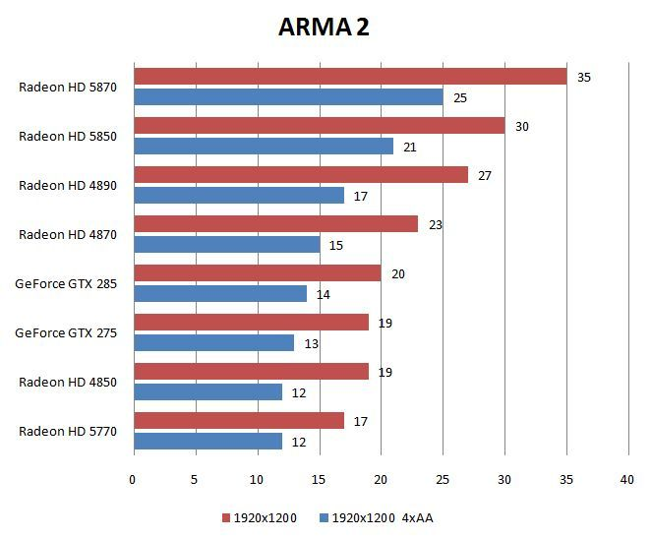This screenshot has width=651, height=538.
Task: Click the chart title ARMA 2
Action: [x=324, y=27]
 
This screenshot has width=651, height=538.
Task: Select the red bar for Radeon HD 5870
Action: [x=350, y=77]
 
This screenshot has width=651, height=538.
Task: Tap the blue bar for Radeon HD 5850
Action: [x=264, y=146]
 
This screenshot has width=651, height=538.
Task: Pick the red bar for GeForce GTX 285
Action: [x=257, y=273]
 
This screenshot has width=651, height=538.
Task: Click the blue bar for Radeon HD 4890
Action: [x=239, y=195]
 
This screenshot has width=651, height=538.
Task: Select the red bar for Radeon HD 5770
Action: [x=239, y=421]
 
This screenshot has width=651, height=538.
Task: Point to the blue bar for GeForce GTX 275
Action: [x=213, y=342]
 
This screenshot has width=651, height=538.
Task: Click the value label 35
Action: [x=584, y=77]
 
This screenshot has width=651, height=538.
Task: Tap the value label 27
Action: [x=485, y=175]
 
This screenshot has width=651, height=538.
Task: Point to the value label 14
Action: [x=324, y=294]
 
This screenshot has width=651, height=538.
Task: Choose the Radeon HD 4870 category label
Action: [x=68, y=234]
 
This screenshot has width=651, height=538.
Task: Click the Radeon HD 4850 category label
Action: [x=68, y=382]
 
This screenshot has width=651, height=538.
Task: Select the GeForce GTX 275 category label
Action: [x=66, y=332]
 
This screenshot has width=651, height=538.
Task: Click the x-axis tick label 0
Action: [x=133, y=480]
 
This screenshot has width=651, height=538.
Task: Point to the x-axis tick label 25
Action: [x=443, y=480]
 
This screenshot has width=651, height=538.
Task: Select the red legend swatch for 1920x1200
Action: [x=226, y=517]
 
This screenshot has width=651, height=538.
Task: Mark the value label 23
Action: [x=436, y=224]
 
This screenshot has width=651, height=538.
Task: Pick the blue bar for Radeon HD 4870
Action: [x=226, y=244]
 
